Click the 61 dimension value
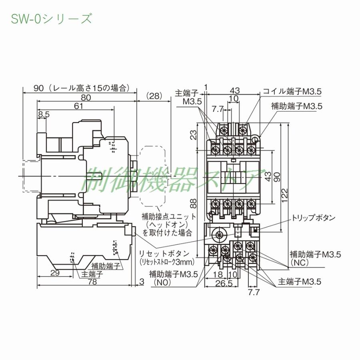78,106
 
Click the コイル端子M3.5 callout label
292,92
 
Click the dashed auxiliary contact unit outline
153,176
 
